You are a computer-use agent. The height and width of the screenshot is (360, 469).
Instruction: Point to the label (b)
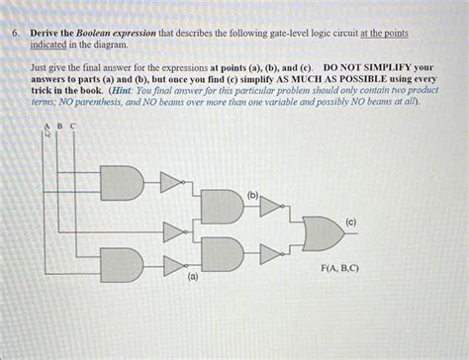pyautogui.click(x=252, y=196)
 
